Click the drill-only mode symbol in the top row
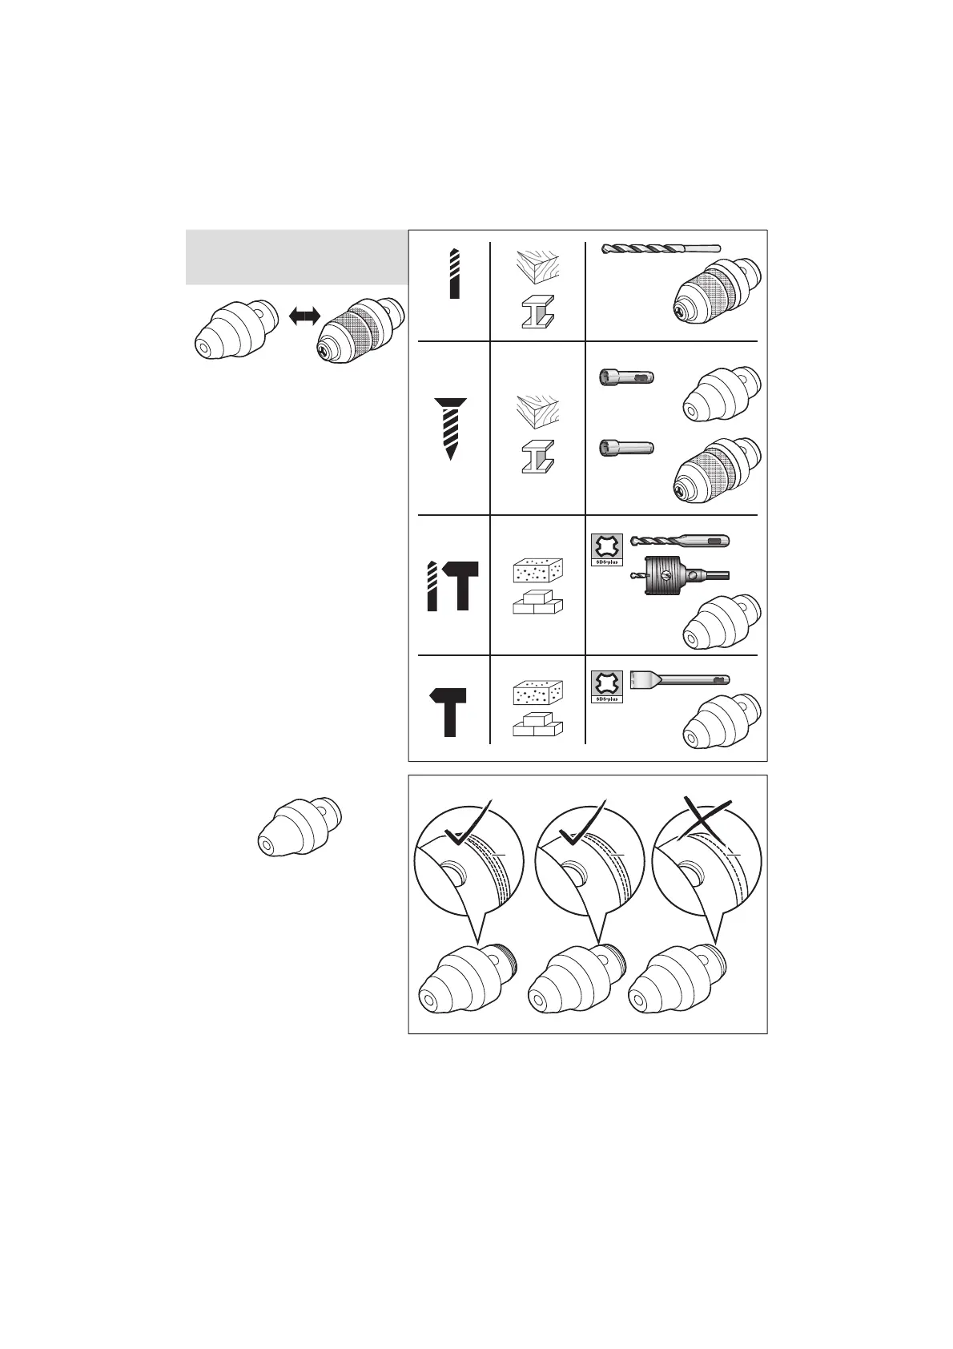pyautogui.click(x=454, y=274)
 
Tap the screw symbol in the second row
pyautogui.click(x=451, y=428)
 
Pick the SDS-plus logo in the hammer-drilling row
pyautogui.click(x=606, y=550)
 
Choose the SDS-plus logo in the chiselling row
pyautogui.click(x=606, y=687)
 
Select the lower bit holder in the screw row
pyautogui.click(x=626, y=449)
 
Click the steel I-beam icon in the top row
pyautogui.click(x=537, y=312)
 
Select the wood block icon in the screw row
pyautogui.click(x=537, y=411)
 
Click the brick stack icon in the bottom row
pyautogui.click(x=537, y=723)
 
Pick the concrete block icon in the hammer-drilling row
pyautogui.click(x=537, y=571)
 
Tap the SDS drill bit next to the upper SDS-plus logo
pyautogui.click(x=680, y=541)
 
